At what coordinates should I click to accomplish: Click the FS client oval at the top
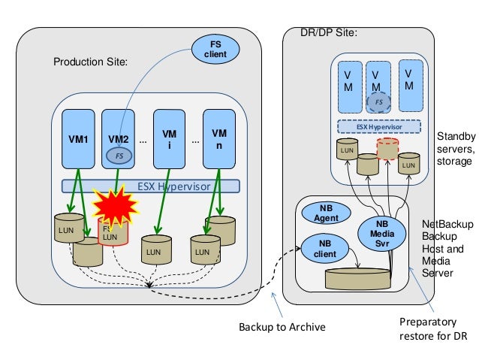coord(215,51)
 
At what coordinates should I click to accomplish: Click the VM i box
coord(169,139)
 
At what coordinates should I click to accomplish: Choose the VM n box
coord(218,139)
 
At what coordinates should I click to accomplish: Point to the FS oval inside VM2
coord(119,155)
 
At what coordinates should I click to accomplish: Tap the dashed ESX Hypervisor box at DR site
coord(378,127)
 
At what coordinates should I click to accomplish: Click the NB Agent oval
coord(327,213)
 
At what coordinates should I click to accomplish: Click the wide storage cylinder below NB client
coord(357,277)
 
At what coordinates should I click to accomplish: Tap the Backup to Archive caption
coord(281,328)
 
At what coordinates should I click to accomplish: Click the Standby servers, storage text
coord(455,149)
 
